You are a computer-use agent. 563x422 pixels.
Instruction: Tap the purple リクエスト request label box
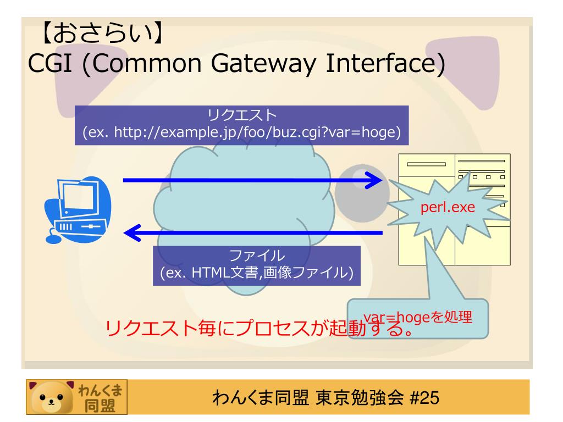[241, 126]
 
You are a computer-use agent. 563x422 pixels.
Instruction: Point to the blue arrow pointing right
[253, 180]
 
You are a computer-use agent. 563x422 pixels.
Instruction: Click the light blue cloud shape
[247, 209]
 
